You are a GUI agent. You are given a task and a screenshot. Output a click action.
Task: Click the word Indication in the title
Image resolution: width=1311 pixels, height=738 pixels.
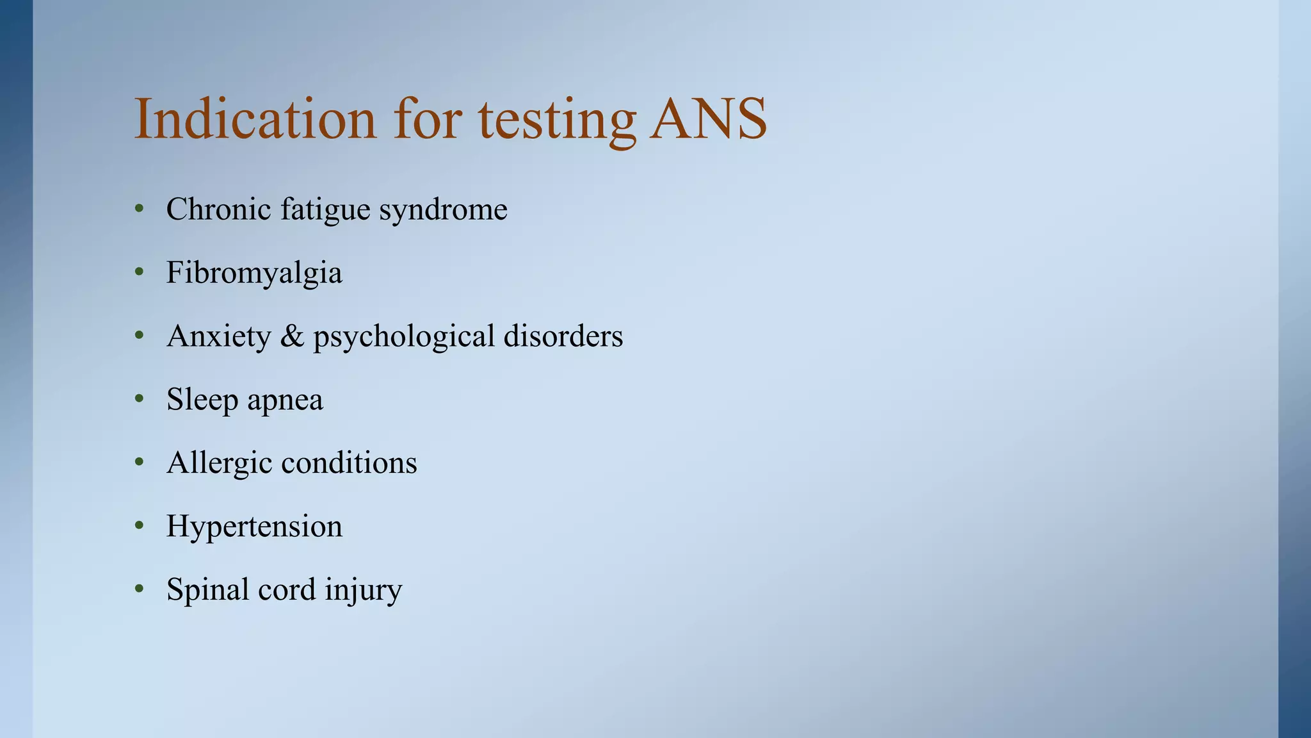(x=255, y=119)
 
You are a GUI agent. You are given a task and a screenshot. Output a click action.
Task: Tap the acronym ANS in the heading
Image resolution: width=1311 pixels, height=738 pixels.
(x=708, y=119)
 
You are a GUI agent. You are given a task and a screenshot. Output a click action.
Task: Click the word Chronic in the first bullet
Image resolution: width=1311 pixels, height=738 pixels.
(x=218, y=209)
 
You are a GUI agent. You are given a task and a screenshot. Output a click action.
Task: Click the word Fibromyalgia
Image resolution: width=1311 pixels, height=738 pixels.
(x=254, y=273)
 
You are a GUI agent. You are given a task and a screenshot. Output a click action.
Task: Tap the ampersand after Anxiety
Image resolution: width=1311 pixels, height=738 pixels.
(x=292, y=336)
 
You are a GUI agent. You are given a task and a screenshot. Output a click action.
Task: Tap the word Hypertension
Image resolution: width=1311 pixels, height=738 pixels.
(x=254, y=527)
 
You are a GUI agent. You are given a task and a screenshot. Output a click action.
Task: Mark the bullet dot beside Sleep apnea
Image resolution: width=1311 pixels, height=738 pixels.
(x=140, y=400)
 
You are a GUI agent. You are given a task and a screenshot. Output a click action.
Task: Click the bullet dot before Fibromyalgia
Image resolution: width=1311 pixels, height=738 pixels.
(x=140, y=273)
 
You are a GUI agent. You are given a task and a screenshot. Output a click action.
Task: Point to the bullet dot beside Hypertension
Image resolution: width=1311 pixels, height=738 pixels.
(x=140, y=527)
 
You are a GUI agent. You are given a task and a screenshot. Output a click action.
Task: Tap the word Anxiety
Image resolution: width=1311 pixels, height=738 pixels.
(x=218, y=336)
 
